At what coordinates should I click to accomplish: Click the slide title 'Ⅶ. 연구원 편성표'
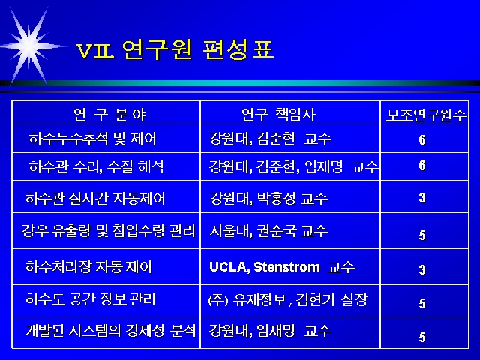tap(175, 49)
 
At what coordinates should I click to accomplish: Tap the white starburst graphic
tap(30, 46)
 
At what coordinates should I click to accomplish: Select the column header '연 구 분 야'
tap(109, 115)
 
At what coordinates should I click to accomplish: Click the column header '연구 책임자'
tap(278, 115)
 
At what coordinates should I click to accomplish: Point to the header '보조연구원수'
tap(426, 115)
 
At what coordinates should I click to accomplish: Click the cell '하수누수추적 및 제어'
tap(92, 138)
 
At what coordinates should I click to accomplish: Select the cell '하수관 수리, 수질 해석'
tap(96, 166)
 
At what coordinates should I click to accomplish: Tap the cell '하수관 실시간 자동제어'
tap(95, 198)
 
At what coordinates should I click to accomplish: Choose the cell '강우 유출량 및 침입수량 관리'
tap(108, 230)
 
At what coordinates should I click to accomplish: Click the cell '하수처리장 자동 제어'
tap(88, 267)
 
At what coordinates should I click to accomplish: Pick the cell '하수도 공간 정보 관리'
tap(90, 298)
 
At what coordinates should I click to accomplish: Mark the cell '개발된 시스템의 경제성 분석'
tap(110, 331)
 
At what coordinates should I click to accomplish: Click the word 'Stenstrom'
tap(286, 267)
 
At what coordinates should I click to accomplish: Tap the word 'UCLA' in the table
tap(228, 267)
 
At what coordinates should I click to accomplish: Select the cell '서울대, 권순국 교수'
tap(268, 231)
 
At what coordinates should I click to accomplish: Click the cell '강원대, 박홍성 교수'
tap(268, 198)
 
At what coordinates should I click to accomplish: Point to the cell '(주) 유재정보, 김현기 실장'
tap(288, 299)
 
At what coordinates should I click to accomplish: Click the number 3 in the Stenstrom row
tap(422, 270)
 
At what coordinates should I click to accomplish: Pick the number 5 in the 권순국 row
tap(422, 235)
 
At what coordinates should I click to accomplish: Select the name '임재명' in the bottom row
tap(275, 331)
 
